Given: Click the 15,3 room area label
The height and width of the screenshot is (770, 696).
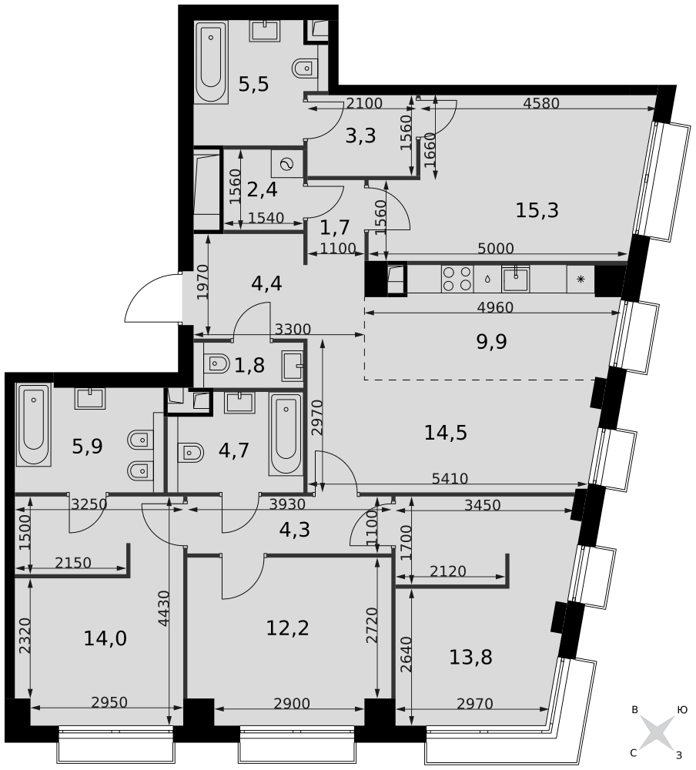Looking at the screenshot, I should point(537,209).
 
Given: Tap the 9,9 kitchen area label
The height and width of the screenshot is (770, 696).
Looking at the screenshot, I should point(492,342).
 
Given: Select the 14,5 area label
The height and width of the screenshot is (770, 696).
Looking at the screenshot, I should point(446,434).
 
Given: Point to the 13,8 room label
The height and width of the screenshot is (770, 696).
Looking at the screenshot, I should point(470,658).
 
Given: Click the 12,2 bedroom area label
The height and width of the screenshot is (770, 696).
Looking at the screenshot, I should point(287,628).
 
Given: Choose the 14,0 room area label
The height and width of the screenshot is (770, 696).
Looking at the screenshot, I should point(105,638).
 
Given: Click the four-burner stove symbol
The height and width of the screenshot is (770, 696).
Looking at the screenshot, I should point(457,278).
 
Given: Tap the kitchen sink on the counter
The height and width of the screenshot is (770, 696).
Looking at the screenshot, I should point(515,278).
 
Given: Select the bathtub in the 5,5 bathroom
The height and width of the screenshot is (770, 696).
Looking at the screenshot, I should point(211,62).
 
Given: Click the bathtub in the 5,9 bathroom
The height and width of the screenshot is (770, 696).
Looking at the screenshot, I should point(34,426).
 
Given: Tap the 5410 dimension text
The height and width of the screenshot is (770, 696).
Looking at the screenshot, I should point(450,478).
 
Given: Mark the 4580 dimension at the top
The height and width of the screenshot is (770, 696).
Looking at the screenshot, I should point(540,103).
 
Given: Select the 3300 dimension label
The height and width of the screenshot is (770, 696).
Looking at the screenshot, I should point(292,330).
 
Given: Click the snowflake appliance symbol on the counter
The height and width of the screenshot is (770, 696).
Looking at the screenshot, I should point(580,279).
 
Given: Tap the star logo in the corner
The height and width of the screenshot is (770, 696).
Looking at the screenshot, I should point(657,732).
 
